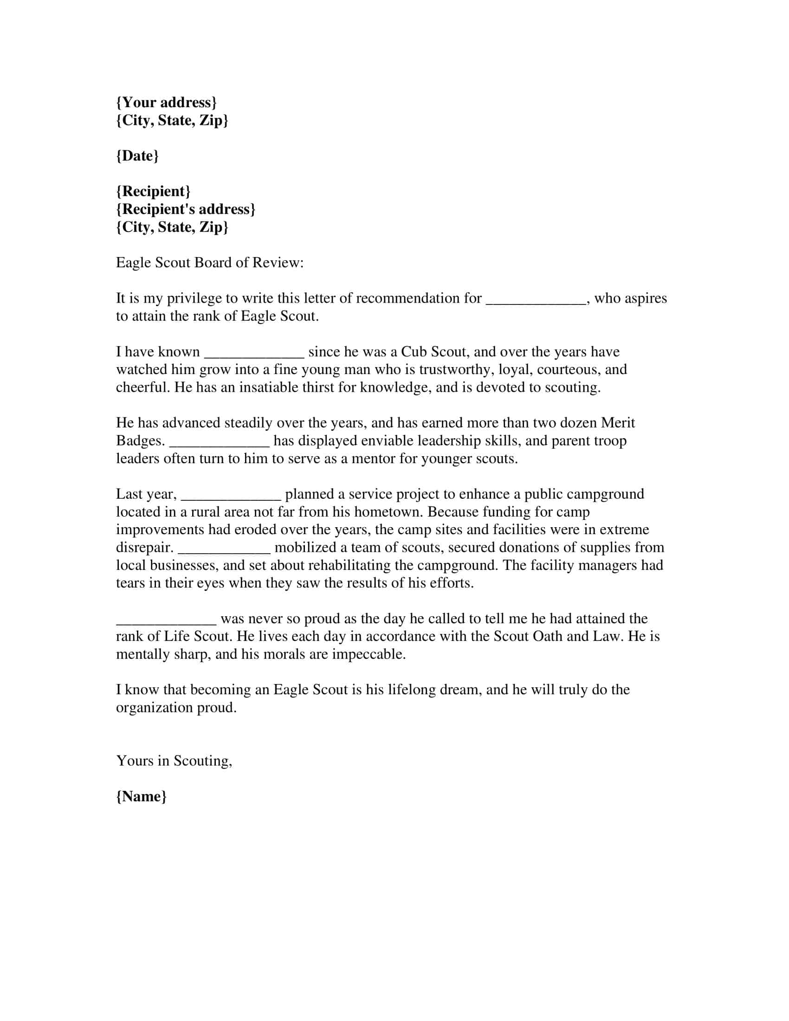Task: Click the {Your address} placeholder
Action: [166, 103]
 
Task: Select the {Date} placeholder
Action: [137, 155]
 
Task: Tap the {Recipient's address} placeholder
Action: [186, 209]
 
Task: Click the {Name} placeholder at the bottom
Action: [141, 796]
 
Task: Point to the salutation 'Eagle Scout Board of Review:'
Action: [210, 263]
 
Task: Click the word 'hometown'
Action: [388, 512]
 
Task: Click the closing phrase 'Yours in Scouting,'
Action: [174, 761]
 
